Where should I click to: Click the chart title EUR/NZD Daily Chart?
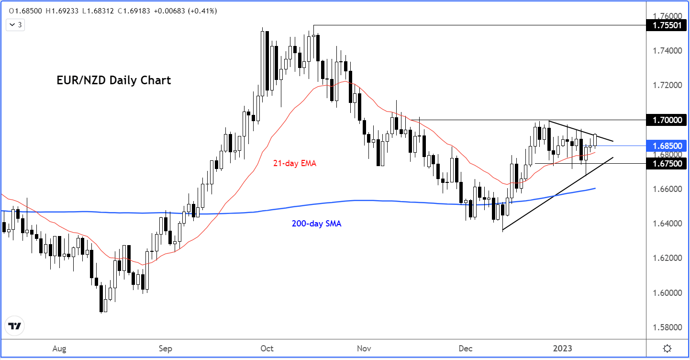113,80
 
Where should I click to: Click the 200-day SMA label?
316,223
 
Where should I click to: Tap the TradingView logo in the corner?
15,326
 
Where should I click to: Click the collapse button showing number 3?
15,25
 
